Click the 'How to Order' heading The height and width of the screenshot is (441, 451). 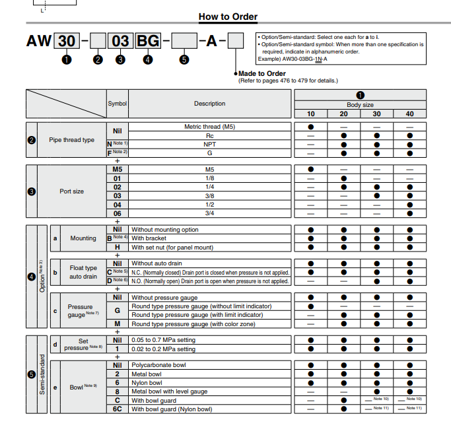pos(228,17)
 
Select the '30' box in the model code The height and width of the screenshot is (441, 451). pos(67,41)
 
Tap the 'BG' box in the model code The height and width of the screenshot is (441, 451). pos(147,41)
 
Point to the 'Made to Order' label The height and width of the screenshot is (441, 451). pos(262,73)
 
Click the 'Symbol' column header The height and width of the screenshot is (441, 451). pos(117,104)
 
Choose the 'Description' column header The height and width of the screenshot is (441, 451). pos(209,104)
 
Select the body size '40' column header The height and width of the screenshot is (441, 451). pos(409,114)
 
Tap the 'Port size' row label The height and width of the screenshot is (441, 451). pos(72,191)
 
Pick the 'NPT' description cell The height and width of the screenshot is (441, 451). pos(209,143)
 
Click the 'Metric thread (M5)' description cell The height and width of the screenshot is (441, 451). pos(209,126)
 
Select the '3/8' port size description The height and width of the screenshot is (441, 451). pos(209,196)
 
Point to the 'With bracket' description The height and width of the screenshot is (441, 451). pos(149,238)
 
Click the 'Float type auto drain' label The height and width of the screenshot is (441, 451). pos(83,272)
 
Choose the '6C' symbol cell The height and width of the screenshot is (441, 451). pos(117,409)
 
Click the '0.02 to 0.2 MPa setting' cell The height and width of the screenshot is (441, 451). pos(164,348)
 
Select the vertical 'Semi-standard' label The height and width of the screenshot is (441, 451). pos(42,374)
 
